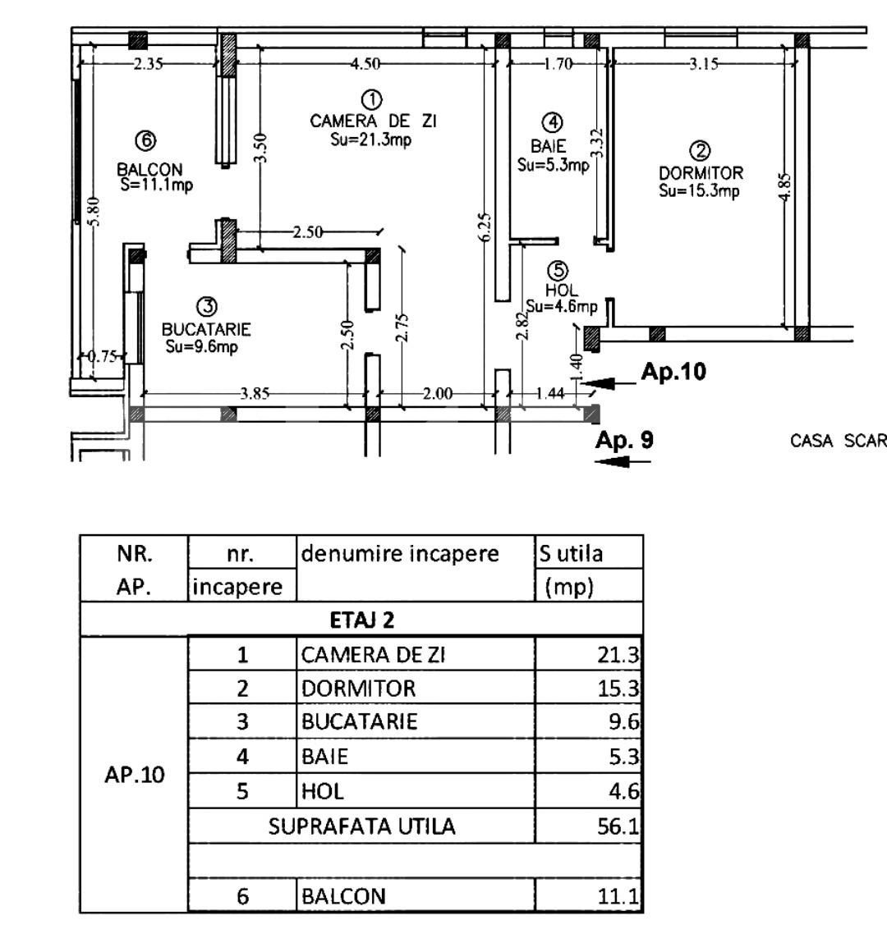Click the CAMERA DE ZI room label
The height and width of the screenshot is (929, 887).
(373, 121)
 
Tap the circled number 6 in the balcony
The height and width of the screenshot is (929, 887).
(146, 141)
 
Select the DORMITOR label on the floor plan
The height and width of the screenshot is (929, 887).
(701, 173)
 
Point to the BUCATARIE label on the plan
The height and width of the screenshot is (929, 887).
(206, 329)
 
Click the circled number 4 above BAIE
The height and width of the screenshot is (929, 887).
(553, 122)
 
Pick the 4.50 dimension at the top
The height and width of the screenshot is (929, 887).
(365, 63)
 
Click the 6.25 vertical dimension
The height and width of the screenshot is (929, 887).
(485, 227)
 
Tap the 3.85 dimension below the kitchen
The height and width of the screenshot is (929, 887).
(255, 393)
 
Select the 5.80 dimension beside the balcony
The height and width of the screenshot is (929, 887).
(94, 212)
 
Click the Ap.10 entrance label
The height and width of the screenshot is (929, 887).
(673, 372)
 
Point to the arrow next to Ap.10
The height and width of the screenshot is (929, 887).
(609, 384)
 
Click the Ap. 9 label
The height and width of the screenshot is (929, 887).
(624, 440)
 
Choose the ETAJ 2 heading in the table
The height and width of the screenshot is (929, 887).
(361, 620)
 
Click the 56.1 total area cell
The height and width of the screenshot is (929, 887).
(618, 826)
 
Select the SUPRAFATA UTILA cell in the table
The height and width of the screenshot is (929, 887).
(361, 826)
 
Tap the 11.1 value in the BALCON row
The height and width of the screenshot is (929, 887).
(618, 896)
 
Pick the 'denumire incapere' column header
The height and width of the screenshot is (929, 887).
(400, 554)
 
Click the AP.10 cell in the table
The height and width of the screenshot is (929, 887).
(135, 775)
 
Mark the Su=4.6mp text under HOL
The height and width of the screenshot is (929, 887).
(562, 306)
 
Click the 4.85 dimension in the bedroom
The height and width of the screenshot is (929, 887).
(784, 187)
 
